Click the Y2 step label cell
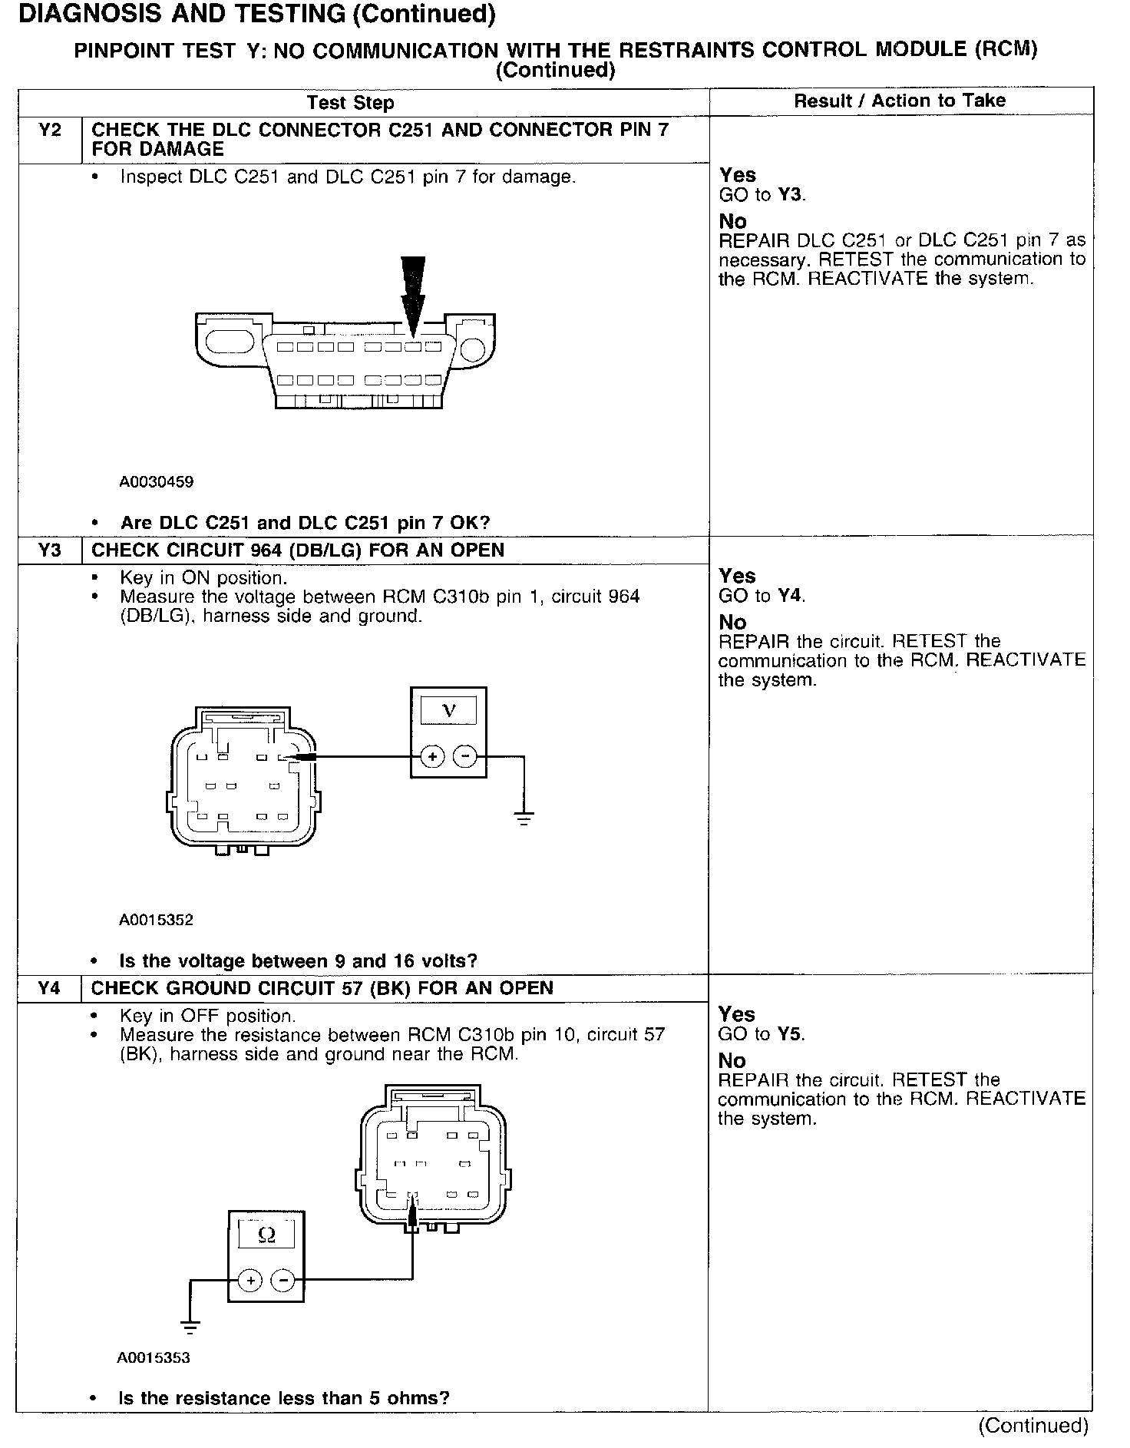pos(49,131)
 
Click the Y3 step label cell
pos(49,550)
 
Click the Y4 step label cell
pos(49,988)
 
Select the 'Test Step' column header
pos(350,103)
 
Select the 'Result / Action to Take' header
pos(900,101)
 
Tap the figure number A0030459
pos(156,482)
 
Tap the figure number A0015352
pos(156,920)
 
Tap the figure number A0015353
pos(154,1357)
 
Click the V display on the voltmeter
pos(449,711)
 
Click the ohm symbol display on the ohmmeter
pos(266,1235)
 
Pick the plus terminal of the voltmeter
pos(433,757)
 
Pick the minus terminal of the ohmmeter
pos(283,1280)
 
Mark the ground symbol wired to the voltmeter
pos(524,818)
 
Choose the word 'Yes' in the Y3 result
pos(737,576)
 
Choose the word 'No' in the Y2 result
pos(732,222)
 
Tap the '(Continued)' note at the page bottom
pos(1033,1425)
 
